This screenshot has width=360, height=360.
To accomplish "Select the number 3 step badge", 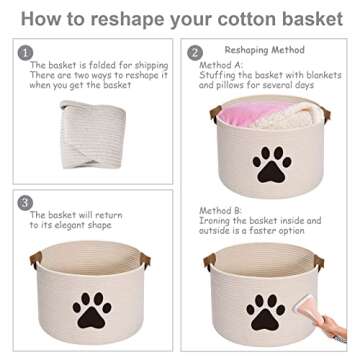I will [x=25, y=202].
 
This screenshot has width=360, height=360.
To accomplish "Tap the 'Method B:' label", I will [x=219, y=211].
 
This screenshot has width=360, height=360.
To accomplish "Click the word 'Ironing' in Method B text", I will [x=217, y=221].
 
